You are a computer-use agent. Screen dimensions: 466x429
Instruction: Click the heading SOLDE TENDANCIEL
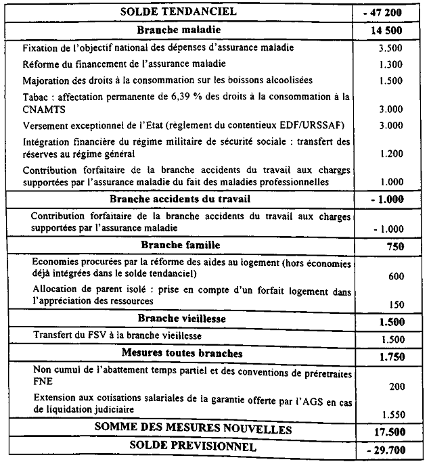pyautogui.click(x=179, y=11)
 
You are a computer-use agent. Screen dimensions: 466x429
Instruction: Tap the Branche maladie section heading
pyautogui.click(x=179, y=30)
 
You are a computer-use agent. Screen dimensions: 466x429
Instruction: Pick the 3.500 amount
pyautogui.click(x=391, y=49)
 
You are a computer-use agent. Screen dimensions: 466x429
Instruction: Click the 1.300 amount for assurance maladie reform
pyautogui.click(x=391, y=65)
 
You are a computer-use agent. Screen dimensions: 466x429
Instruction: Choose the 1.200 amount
pyautogui.click(x=391, y=154)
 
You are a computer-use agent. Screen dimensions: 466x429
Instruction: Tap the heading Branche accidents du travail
pyautogui.click(x=179, y=199)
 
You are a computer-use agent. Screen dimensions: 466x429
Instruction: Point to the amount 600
pyautogui.click(x=397, y=277)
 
